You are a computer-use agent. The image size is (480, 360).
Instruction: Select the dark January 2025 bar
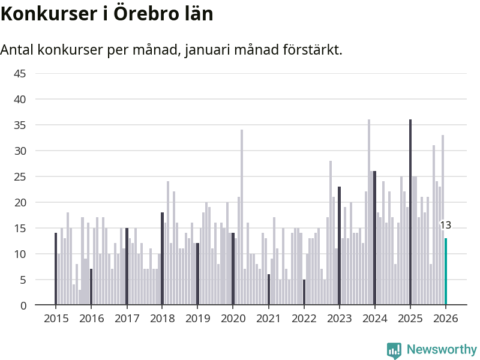pyautogui.click(x=410, y=212)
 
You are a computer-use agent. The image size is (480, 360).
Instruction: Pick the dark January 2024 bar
pyautogui.click(x=374, y=238)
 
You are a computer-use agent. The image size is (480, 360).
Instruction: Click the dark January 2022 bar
pyautogui.click(x=304, y=292)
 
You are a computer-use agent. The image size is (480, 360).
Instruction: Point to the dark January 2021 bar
pyautogui.click(x=269, y=290)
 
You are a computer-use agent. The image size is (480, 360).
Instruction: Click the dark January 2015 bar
pyautogui.click(x=56, y=269)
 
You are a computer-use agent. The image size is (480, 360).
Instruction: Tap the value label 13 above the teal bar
pyautogui.click(x=445, y=226)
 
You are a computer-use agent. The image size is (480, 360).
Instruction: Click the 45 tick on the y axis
pyautogui.click(x=20, y=73)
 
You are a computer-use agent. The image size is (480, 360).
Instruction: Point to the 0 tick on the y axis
pyautogui.click(x=23, y=305)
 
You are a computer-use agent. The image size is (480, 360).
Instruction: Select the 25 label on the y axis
pyautogui.click(x=20, y=176)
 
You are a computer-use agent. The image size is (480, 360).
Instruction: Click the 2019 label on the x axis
pyautogui.click(x=197, y=319)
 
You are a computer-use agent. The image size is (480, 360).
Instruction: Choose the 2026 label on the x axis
pyautogui.click(x=446, y=319)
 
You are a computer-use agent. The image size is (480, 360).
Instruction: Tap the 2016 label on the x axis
pyautogui.click(x=91, y=319)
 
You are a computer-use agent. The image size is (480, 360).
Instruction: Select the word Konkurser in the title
pyautogui.click(x=45, y=13)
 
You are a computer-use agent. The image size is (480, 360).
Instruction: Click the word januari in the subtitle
pyautogui.click(x=209, y=50)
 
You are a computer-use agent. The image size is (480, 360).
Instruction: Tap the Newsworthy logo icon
pyautogui.click(x=394, y=350)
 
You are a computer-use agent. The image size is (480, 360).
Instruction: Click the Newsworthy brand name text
pyautogui.click(x=442, y=349)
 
